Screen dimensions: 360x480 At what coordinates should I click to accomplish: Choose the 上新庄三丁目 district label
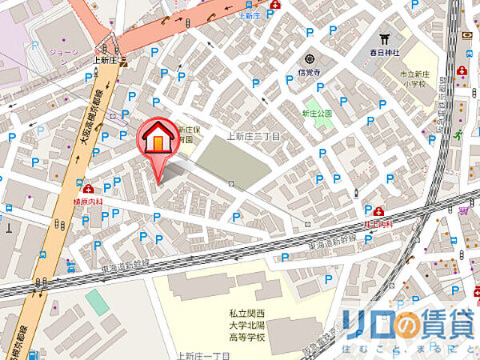point(254,136)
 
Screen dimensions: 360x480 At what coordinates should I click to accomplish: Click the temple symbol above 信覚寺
point(310,58)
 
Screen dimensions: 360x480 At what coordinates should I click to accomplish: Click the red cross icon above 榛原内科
point(86,190)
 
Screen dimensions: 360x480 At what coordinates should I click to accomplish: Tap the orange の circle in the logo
point(409,325)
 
